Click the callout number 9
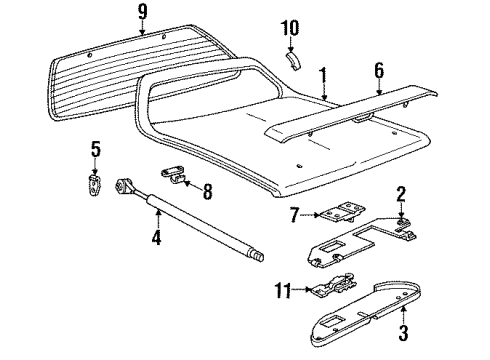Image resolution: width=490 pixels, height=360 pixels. [142, 12]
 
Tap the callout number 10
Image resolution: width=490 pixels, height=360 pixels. [290, 28]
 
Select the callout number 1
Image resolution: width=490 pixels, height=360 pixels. [323, 75]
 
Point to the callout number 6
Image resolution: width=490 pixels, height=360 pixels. [379, 70]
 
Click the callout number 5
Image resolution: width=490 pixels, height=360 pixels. [96, 149]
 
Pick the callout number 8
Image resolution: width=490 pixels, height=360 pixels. [207, 191]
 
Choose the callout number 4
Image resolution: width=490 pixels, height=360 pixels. [156, 238]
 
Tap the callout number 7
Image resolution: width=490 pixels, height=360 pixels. [294, 215]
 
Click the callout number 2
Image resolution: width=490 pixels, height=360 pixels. [401, 194]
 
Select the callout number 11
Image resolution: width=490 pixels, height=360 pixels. [283, 290]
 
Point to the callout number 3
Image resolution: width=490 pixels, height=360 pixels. [403, 332]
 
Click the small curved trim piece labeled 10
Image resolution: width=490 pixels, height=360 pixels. [293, 60]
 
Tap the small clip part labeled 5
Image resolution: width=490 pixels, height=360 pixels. [96, 185]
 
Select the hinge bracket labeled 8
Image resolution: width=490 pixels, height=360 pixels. [174, 175]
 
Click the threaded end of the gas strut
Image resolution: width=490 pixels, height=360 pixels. [259, 257]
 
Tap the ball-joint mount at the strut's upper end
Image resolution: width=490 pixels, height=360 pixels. [125, 186]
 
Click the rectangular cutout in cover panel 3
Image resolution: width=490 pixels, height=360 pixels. [331, 321]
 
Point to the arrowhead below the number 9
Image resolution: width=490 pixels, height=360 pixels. [142, 32]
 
